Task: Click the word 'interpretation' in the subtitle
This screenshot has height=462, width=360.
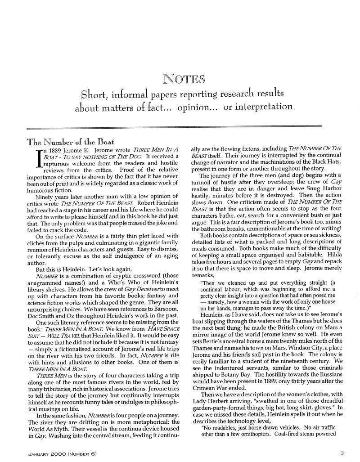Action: pyautogui.click(x=258, y=108)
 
